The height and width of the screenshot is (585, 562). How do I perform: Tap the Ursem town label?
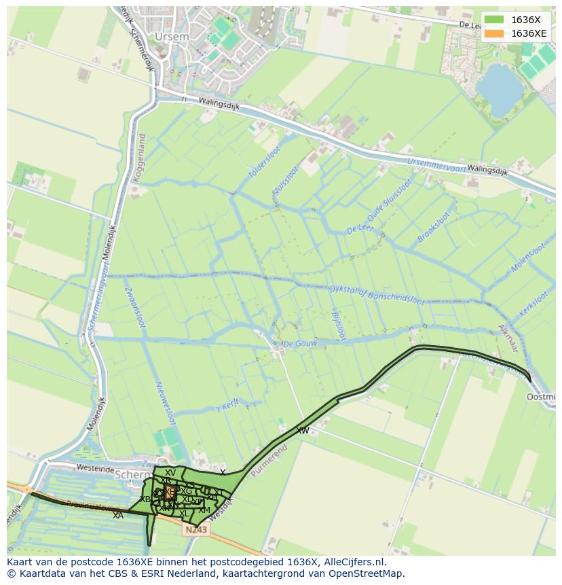pos(168,35)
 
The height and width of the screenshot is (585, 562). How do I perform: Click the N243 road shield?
pos(195,529)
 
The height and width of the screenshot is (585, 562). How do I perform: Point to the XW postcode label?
pos(302,431)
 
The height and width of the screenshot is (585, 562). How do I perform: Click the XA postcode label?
pos(118,516)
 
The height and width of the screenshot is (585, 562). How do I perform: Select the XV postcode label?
pos(170,473)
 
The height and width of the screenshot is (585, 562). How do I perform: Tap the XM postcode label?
pos(204,510)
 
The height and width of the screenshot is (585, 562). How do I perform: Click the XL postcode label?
pos(184,514)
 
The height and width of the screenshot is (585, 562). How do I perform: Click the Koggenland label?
pos(141,156)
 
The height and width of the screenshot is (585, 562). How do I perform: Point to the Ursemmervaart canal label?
pos(436,164)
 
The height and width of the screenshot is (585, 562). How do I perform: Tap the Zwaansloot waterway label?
pos(134,308)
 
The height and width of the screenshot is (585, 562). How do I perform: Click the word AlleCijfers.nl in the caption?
pos(353,562)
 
